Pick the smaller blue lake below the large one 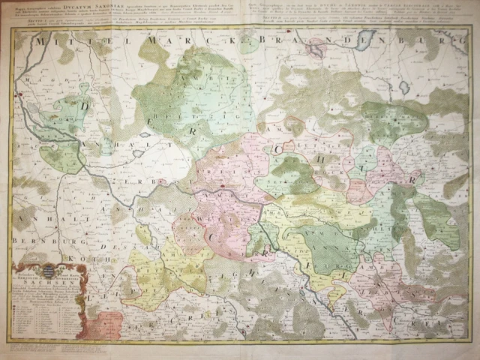[404, 88]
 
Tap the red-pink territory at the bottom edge [108, 324]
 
